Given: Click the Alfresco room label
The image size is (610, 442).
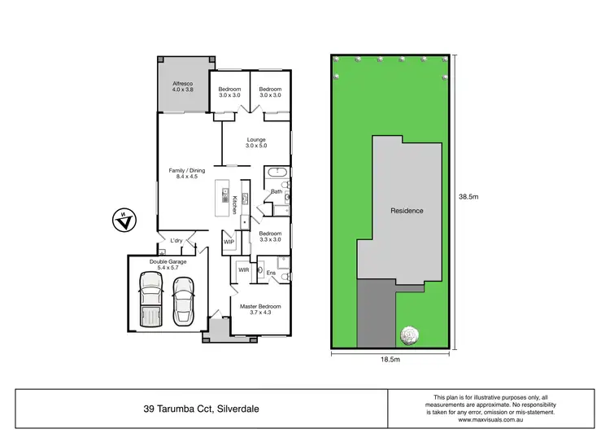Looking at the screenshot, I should (180, 85).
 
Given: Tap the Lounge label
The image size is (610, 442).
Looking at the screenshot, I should (256, 139).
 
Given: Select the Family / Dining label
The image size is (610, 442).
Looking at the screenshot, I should (186, 171).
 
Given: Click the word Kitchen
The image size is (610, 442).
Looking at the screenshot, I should (234, 203).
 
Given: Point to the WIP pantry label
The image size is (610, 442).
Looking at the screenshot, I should (229, 242).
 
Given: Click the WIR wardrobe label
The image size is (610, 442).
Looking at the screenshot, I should (243, 269).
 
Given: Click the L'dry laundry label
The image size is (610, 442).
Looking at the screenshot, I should (176, 240).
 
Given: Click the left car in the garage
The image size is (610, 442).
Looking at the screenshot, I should (151, 298).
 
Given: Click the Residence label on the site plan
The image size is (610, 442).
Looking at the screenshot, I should (407, 211).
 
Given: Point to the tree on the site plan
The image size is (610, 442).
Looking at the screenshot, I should (410, 334).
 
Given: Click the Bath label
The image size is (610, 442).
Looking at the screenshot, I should (277, 192).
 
